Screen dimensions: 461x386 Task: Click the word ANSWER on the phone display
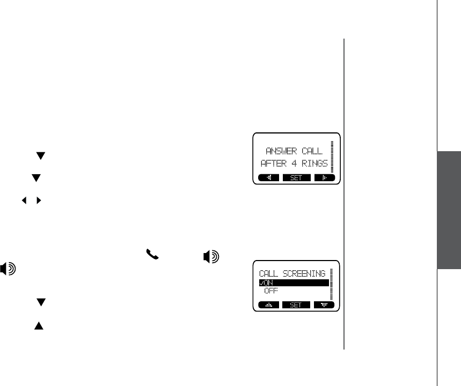click(x=279, y=151)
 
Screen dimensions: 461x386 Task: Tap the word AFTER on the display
click(x=275, y=163)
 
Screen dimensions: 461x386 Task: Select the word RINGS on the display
click(x=315, y=163)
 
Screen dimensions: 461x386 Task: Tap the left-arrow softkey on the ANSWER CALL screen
click(x=268, y=178)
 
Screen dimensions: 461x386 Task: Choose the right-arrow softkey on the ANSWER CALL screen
click(x=324, y=178)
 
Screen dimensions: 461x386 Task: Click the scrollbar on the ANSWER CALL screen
click(x=333, y=156)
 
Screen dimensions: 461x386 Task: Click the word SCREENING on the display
click(x=308, y=273)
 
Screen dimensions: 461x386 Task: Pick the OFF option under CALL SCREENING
click(x=271, y=291)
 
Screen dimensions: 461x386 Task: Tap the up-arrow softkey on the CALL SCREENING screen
click(x=268, y=305)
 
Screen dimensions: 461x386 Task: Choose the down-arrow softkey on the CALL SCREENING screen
click(x=324, y=305)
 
